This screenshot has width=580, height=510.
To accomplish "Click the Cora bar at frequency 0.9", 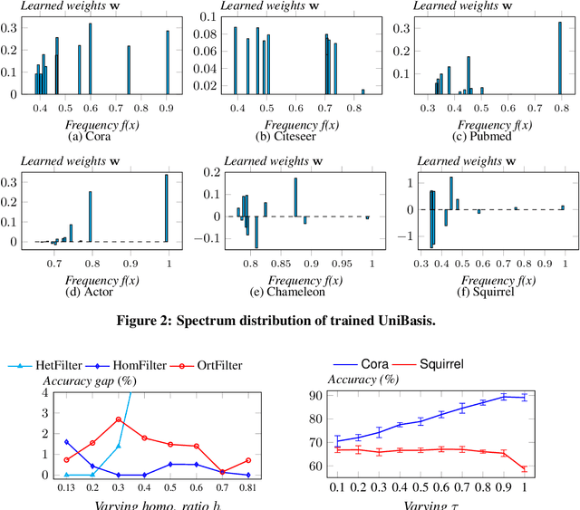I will click(168, 62).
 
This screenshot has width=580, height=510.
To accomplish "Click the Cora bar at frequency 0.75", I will click(129, 69).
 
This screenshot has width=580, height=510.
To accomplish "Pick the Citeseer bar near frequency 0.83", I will click(362, 91).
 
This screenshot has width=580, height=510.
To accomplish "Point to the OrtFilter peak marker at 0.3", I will click(119, 419).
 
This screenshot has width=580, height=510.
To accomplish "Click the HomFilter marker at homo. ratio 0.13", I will click(42, 441).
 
